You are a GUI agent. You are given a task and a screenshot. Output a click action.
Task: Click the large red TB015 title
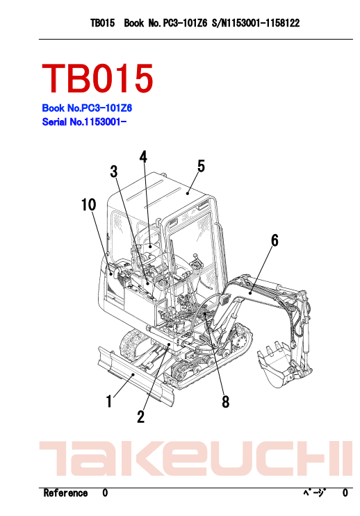click(97, 78)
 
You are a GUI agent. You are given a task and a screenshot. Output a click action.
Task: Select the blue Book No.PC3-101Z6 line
click(87, 108)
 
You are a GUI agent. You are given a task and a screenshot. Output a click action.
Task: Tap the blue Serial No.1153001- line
click(84, 122)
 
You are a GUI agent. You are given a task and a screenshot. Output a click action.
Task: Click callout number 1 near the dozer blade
click(109, 401)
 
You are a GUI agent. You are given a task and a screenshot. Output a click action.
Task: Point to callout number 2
click(141, 417)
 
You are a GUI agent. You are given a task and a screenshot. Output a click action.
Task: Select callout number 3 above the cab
click(114, 172)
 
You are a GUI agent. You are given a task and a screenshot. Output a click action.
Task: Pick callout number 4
click(143, 157)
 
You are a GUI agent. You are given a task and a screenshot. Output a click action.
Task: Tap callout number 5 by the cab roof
click(201, 166)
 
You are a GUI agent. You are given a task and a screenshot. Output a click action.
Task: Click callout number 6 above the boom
click(275, 240)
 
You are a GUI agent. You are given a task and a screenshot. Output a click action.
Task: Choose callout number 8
click(225, 401)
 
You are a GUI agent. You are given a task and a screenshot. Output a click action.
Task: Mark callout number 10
click(88, 205)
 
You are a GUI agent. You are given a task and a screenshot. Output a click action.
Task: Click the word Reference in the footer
click(65, 493)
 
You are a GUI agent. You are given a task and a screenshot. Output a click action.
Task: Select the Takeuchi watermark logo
click(196, 458)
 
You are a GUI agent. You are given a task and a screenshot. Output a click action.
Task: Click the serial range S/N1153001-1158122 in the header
click(256, 23)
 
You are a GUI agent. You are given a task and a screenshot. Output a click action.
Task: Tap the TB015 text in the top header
click(103, 23)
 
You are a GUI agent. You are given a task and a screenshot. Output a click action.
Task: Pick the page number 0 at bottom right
click(345, 493)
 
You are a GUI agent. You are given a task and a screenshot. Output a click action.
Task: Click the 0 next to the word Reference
click(105, 493)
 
